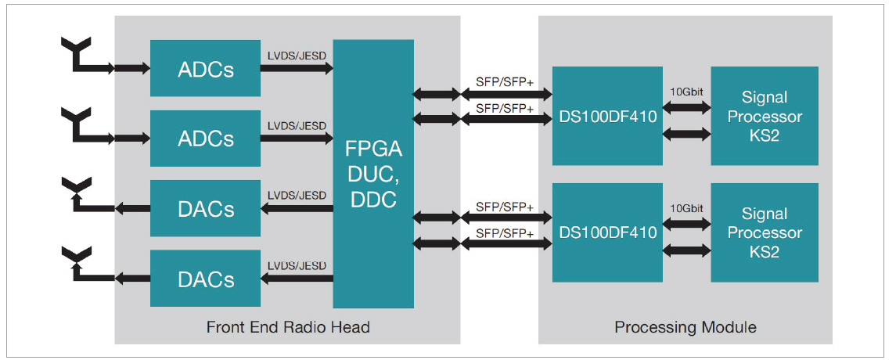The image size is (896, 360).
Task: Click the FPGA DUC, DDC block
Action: (x=373, y=174)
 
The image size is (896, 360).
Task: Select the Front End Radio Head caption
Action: (x=288, y=327)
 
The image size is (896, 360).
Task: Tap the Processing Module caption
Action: (x=685, y=327)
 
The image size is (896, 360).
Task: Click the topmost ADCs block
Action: (x=206, y=69)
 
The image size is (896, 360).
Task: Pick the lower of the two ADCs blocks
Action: (x=206, y=139)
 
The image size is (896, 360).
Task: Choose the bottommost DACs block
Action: (x=206, y=279)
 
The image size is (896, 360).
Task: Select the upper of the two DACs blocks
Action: (x=206, y=209)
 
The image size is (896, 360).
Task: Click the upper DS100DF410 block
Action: (x=607, y=116)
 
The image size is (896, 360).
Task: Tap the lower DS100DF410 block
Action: (x=607, y=232)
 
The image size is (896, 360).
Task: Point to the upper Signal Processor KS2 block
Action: (x=765, y=116)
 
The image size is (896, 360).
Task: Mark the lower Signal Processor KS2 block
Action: (x=765, y=232)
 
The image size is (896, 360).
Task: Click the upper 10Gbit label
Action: (x=686, y=92)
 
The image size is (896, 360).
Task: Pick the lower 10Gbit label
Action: (x=686, y=209)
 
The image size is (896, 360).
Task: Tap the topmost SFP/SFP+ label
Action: (x=505, y=81)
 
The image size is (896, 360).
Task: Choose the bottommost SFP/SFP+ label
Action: (x=505, y=233)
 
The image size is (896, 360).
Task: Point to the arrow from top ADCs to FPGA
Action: (x=297, y=69)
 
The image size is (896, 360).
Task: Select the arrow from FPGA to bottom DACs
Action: (x=297, y=279)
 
